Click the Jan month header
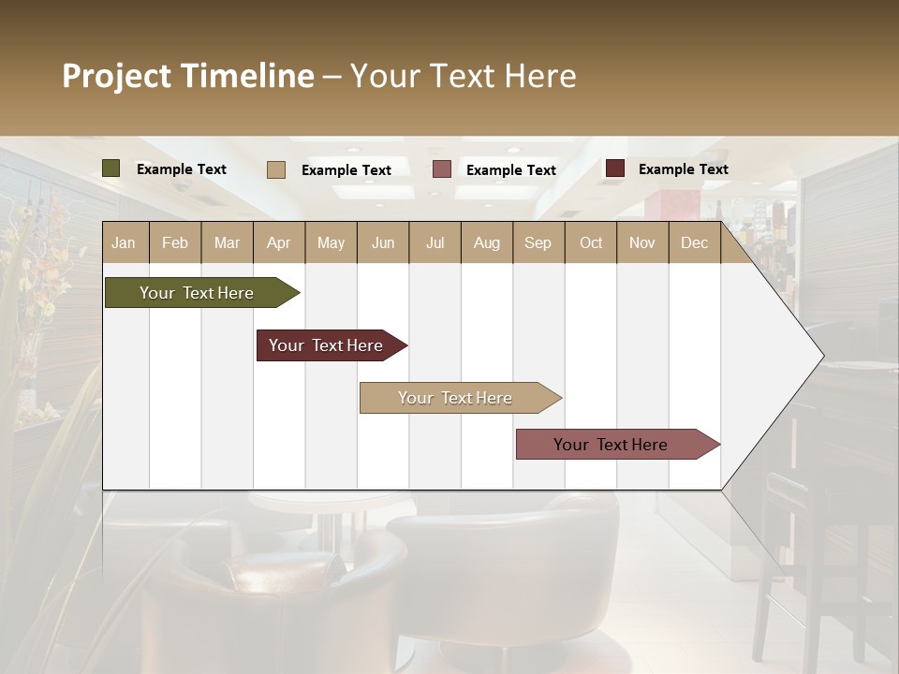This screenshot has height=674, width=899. (124, 242)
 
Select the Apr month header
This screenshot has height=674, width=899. (278, 242)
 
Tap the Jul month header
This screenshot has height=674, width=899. (435, 242)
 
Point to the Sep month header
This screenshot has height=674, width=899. (538, 242)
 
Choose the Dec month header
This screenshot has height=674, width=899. (694, 242)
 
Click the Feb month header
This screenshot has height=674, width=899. (175, 242)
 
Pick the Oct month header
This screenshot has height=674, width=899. (591, 242)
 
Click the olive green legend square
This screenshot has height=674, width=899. (111, 168)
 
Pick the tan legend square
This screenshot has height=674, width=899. (276, 169)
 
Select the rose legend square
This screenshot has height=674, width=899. (442, 169)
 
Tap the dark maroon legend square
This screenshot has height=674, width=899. (615, 168)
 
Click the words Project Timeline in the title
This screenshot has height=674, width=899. (188, 76)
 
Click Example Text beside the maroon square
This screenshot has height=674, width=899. (684, 169)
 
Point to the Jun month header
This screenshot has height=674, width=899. (383, 242)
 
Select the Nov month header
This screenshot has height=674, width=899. (642, 242)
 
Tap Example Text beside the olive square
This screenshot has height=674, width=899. (182, 169)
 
